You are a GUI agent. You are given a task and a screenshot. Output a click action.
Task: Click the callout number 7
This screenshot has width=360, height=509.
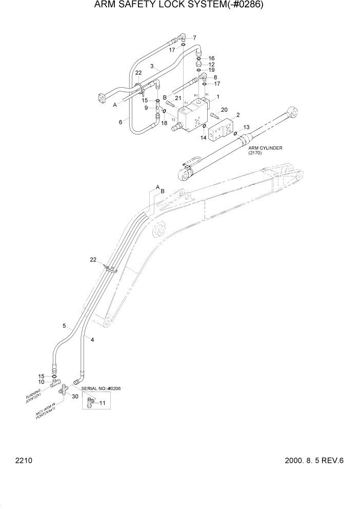coord(194,38)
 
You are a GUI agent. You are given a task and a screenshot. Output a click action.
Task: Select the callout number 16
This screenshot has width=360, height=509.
coord(211,58)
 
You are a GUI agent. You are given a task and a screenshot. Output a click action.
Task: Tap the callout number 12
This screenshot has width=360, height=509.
coord(211,64)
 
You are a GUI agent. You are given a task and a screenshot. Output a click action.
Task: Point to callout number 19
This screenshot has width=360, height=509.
coord(211,70)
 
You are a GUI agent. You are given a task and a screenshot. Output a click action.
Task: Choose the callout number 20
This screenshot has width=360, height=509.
coord(224,110)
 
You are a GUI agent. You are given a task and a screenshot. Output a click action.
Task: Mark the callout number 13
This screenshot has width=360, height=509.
coord(246,127)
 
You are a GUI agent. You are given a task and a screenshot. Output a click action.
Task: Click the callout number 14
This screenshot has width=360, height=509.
coord(203,138)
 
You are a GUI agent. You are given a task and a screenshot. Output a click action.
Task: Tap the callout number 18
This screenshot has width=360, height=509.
coord(164,123)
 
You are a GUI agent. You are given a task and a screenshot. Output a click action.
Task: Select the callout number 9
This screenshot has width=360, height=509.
coord(146,108)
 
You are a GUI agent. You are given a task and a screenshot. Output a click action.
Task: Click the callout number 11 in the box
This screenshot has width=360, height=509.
coord(102,404)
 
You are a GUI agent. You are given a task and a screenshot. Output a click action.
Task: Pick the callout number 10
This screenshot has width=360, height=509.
coord(42,382)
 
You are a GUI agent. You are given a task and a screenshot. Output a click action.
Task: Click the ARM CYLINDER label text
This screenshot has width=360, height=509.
coord(265,150)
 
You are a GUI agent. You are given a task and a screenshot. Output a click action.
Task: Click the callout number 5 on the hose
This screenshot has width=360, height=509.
coord(64,326)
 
